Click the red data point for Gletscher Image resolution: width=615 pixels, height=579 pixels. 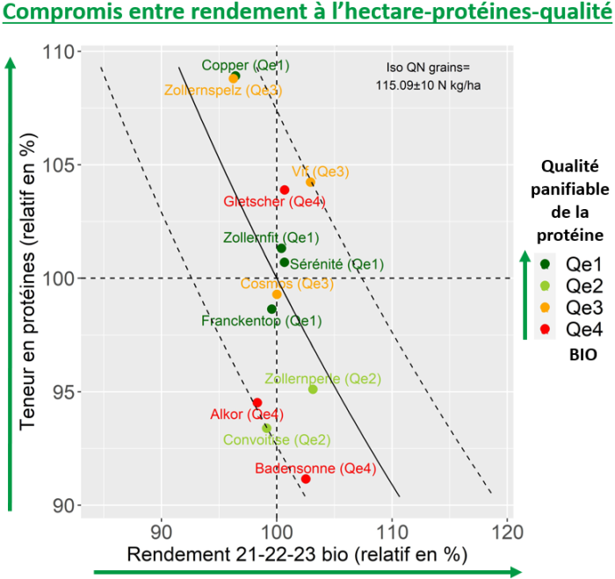(x=285, y=190)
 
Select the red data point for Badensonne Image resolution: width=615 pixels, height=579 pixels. (x=306, y=479)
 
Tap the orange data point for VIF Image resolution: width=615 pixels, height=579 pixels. (x=310, y=182)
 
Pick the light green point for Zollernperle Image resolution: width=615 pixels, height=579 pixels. (x=313, y=389)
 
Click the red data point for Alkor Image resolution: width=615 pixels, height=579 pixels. (x=257, y=402)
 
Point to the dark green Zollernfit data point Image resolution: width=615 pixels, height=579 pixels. (x=281, y=248)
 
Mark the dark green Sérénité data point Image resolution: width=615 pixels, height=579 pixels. (x=285, y=262)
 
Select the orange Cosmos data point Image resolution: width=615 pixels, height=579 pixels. (x=277, y=294)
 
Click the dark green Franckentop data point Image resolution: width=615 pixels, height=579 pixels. (x=271, y=309)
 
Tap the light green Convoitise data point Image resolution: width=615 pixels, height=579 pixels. (x=266, y=428)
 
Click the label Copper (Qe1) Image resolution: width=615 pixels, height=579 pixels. (x=245, y=65)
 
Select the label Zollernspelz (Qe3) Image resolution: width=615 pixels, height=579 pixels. (x=223, y=90)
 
